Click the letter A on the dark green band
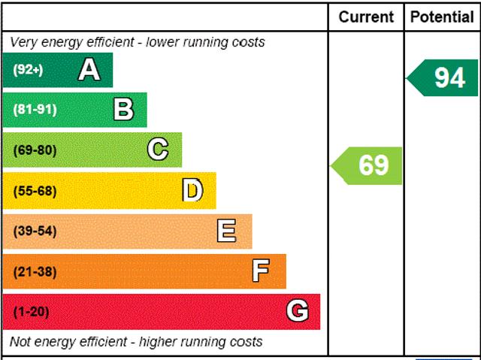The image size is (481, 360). (89, 70)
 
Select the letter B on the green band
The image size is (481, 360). (124, 110)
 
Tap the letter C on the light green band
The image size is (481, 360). (158, 150)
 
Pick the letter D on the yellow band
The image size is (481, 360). (193, 190)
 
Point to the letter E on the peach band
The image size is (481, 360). (227, 231)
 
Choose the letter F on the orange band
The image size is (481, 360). (261, 271)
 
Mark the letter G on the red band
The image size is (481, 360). (298, 311)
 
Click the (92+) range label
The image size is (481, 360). (28, 70)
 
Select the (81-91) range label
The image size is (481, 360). (35, 110)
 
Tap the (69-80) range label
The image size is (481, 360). (35, 150)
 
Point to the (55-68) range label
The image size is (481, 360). (35, 190)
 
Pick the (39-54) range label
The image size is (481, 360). (35, 231)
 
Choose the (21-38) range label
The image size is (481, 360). (35, 271)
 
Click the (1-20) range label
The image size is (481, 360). (31, 311)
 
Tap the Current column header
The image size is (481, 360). (366, 17)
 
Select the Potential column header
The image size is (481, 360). (442, 17)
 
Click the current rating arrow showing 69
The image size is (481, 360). (368, 165)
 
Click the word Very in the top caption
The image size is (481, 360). (23, 42)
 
